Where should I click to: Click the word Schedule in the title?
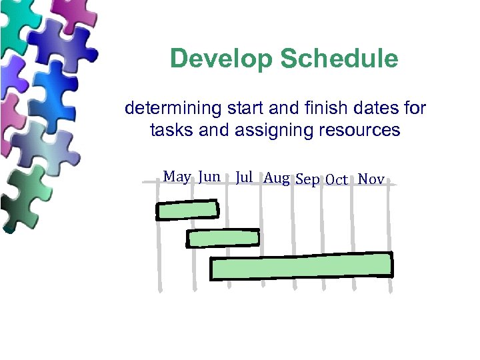coord(339,59)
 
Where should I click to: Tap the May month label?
coord(177,177)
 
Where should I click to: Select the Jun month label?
coord(209,177)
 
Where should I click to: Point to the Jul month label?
coord(244,177)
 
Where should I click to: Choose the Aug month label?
coord(276,178)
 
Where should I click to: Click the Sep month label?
coord(307,179)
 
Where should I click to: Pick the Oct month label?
coord(337,180)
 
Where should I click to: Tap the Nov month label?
coord(371,179)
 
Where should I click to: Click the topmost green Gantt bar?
coord(187,210)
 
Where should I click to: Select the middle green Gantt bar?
coord(223,237)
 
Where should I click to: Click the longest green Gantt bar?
coord(301,266)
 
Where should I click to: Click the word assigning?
coord(268,131)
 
